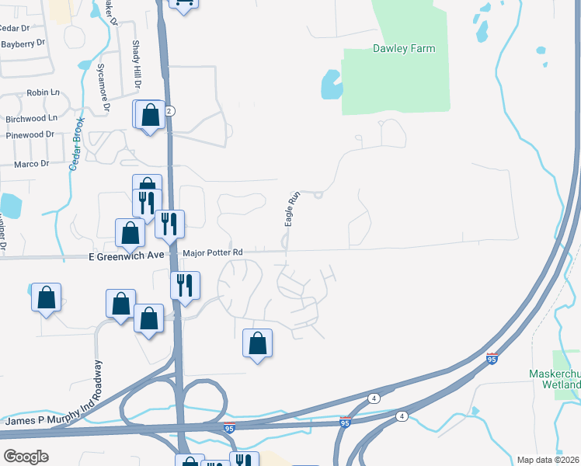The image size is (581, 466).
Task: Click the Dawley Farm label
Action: coord(403,48)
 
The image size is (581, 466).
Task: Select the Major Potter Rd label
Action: coord(213,252)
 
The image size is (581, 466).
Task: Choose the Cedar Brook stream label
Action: coord(76,144)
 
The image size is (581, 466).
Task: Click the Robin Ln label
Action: coord(43,92)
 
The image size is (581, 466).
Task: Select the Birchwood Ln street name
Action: coord(32,119)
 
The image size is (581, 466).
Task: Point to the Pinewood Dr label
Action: coord(29,134)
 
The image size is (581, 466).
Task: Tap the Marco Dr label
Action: coord(31,163)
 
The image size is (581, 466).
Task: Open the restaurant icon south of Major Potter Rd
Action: coord(185,284)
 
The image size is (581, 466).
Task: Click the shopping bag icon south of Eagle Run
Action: coord(258,343)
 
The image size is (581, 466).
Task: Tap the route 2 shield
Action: coord(169,111)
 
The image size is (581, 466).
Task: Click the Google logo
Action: coord(26,456)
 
